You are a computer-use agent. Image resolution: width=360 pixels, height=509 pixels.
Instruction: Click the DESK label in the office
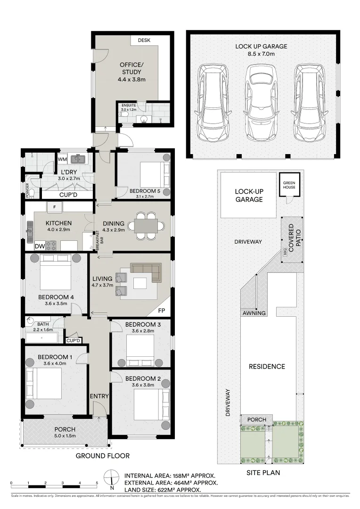(144, 41)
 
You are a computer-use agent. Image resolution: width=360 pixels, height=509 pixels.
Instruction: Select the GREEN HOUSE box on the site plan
(289, 185)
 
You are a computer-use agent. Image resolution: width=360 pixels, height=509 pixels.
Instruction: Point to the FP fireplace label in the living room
(162, 312)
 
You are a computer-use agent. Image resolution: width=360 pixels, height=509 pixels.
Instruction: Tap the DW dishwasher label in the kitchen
(40, 246)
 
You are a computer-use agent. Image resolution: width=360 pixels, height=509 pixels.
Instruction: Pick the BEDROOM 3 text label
(140, 325)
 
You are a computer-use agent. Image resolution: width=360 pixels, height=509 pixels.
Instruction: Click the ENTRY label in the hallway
(99, 396)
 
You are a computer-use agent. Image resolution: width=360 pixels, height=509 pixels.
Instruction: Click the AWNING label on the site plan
(254, 313)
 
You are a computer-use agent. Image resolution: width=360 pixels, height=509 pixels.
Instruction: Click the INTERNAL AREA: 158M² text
(170, 475)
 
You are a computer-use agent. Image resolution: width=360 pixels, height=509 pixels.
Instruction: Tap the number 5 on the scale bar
(97, 483)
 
